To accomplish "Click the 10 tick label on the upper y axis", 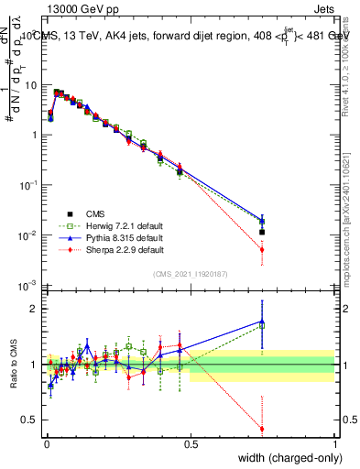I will point(29,84).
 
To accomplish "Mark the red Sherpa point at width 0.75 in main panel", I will point(262,249).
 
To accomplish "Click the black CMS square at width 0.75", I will point(262,233).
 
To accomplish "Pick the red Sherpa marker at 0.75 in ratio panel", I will point(262,429).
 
